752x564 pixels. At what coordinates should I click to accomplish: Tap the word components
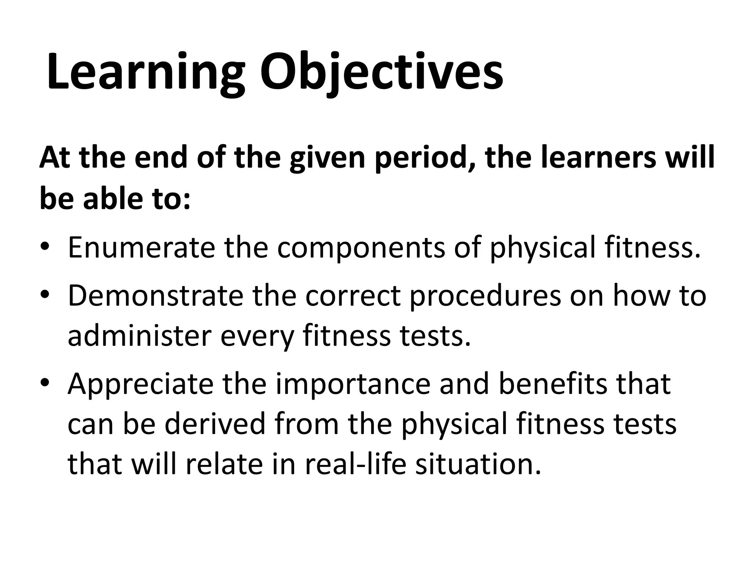click(x=361, y=248)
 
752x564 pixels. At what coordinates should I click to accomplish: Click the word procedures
click(x=485, y=297)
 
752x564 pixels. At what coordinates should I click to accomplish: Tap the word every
click(x=257, y=337)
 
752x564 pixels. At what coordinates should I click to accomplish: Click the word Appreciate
click(x=141, y=384)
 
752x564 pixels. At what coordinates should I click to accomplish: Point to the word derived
click(x=215, y=424)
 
